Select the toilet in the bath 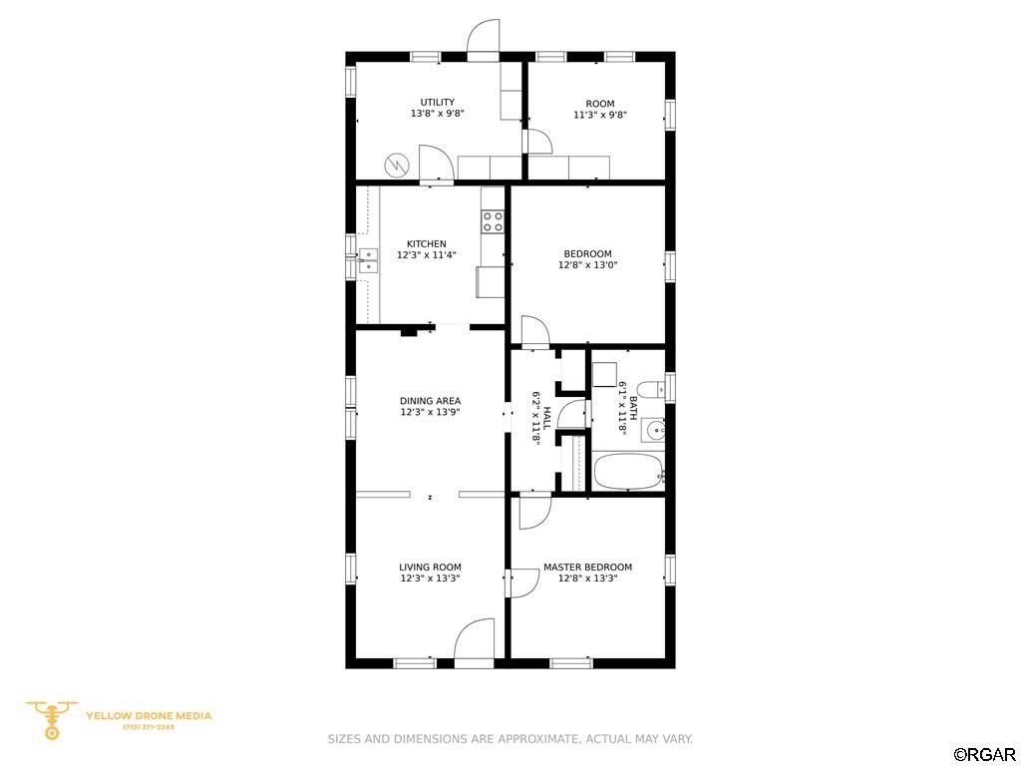click(x=649, y=390)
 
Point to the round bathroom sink click(x=653, y=430)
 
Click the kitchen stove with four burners click(x=493, y=220)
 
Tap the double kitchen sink click(x=368, y=260)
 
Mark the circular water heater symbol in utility click(x=397, y=165)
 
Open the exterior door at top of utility click(x=484, y=40)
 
